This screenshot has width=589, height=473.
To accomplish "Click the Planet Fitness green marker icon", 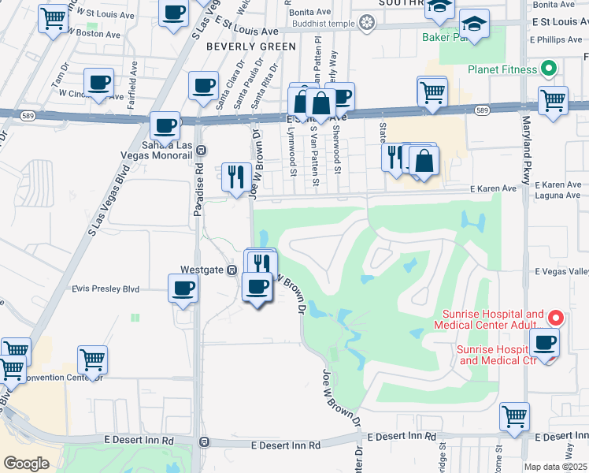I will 549,69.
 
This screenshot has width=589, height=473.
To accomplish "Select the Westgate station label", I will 203,270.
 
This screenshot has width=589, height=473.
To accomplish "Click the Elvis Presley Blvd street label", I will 106,289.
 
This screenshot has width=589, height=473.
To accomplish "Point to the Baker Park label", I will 443,36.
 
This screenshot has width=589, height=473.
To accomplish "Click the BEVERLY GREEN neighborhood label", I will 251,47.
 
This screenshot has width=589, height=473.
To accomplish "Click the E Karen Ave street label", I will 493,189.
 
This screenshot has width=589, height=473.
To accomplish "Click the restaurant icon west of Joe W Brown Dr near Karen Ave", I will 235,177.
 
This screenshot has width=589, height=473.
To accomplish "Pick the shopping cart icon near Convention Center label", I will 93,359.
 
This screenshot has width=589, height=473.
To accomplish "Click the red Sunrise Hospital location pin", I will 555,318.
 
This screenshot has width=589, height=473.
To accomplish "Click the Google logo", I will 26,464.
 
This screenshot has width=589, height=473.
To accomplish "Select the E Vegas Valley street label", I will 561,271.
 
